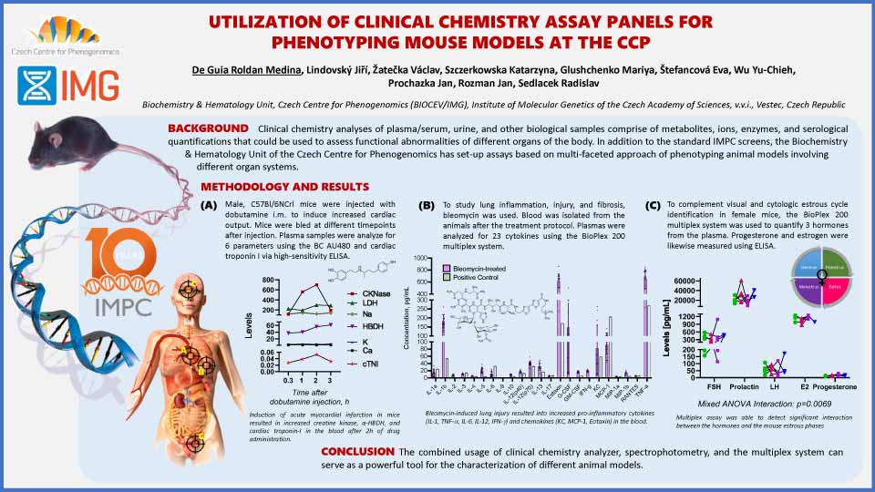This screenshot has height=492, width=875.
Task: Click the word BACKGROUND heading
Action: coord(208,128)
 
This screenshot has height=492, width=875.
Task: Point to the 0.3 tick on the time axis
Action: coord(289,376)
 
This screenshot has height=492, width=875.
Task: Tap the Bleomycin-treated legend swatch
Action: coord(446,268)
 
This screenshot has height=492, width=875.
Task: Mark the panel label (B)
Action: coord(427,206)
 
